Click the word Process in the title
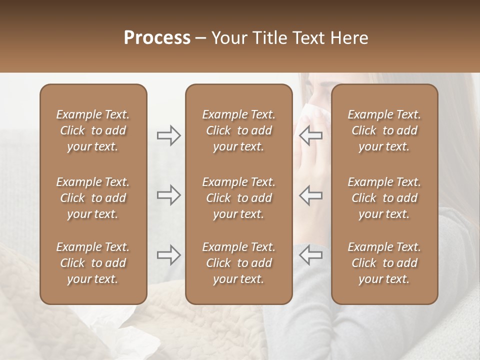157,38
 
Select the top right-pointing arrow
168,135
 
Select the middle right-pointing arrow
168,195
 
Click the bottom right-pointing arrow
168,255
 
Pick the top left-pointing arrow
310,135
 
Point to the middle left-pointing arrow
310,195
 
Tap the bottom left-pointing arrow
310,255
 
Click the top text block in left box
93,130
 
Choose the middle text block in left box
93,198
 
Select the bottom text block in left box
93,263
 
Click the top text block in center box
238,130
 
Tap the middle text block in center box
238,198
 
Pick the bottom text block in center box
238,263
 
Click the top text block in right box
384,130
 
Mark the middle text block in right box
384,198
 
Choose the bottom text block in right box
384,263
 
